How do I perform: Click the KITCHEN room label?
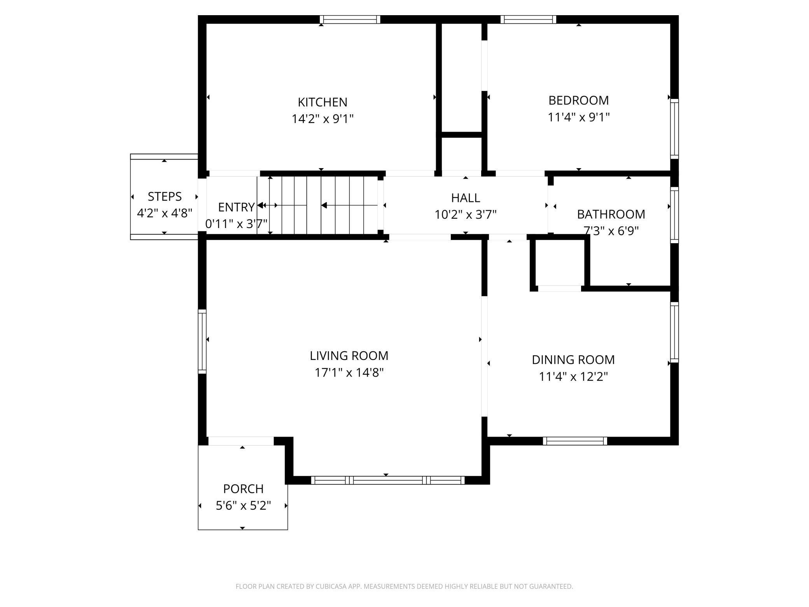[322, 102]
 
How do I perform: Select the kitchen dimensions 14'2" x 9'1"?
[322, 119]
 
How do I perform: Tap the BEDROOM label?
[578, 100]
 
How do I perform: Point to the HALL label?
[465, 198]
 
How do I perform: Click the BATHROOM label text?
[611, 214]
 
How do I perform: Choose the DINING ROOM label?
[573, 360]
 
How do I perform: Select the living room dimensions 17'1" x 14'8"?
[349, 373]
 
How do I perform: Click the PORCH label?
[243, 489]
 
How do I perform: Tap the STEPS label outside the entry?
[165, 196]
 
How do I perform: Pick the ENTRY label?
[236, 207]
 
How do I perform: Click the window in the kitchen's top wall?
[350, 19]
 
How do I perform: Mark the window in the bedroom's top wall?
[528, 19]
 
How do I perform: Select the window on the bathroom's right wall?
[674, 215]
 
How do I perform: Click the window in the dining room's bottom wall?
[574, 441]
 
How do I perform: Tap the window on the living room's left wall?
[202, 341]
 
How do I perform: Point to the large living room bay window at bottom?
[388, 480]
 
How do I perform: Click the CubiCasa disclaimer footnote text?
[404, 586]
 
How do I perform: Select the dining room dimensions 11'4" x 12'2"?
[573, 377]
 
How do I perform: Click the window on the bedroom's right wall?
[674, 128]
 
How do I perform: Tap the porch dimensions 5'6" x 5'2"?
[243, 505]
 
